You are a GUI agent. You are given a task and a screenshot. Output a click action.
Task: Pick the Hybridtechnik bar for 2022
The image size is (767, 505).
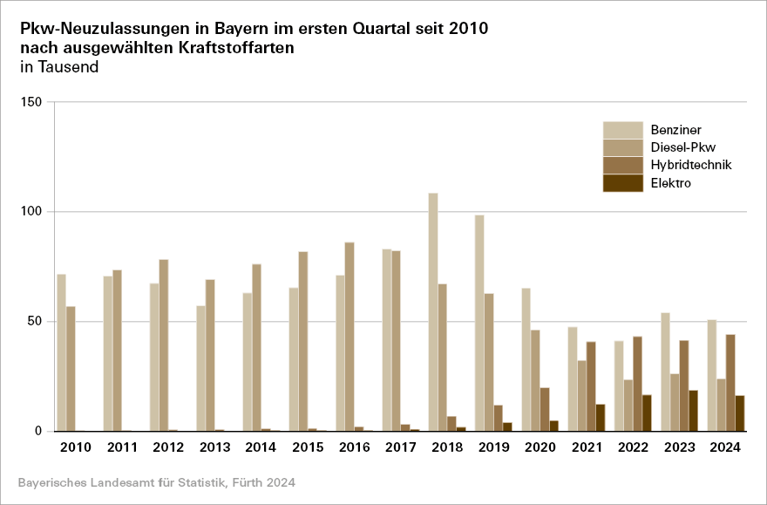[x=637, y=384]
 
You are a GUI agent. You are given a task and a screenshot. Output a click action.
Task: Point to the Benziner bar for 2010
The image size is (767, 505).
[x=62, y=352]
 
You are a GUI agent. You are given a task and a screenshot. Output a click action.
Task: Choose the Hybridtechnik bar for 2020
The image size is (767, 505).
[x=545, y=409]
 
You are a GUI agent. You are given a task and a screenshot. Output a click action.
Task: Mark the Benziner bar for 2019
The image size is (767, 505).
[x=479, y=323]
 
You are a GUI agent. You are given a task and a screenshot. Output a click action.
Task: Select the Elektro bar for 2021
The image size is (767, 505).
[x=601, y=417]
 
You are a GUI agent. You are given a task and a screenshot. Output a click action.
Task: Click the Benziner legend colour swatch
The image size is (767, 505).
[x=623, y=130]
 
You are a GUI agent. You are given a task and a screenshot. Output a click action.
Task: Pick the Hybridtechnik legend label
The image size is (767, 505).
[x=691, y=165]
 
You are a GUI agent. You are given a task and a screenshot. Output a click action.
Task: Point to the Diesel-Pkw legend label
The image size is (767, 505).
[x=683, y=147]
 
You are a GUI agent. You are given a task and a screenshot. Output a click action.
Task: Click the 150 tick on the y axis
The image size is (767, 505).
[x=31, y=102]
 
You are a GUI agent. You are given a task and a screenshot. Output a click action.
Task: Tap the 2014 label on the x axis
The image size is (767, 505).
[x=261, y=447]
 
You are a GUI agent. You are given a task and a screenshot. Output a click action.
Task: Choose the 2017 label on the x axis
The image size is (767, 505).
[x=400, y=447]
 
